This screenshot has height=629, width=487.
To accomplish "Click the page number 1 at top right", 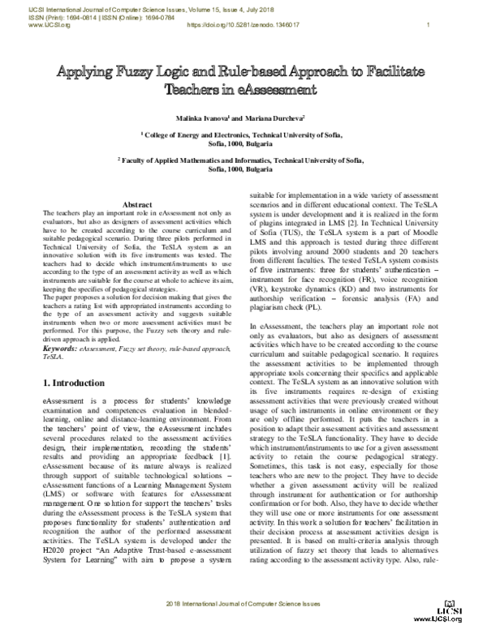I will (428, 25).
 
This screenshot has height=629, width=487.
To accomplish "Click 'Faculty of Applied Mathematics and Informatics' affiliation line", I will (243, 161).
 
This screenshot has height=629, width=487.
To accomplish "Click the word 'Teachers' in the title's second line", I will (196, 89).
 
